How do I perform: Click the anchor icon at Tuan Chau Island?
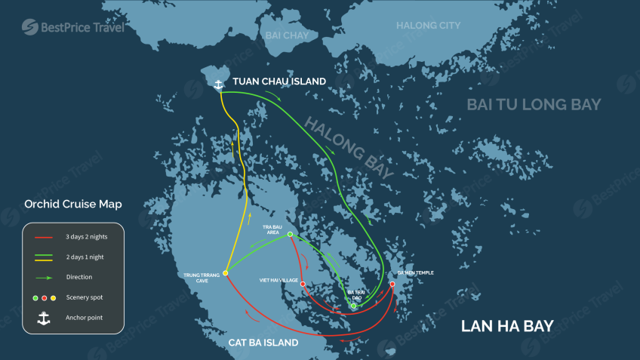[x=219, y=84]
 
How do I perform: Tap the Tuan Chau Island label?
[x=278, y=82]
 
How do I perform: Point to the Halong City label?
[x=428, y=26]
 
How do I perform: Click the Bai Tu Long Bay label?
[x=534, y=104]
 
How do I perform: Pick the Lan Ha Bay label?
[x=507, y=326]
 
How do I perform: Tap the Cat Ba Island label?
[x=263, y=343]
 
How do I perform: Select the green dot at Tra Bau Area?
[x=290, y=234]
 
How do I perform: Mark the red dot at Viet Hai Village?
[x=303, y=285]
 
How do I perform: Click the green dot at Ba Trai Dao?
[x=353, y=306]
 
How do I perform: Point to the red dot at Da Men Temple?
[x=392, y=284]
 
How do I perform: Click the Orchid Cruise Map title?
[x=73, y=204]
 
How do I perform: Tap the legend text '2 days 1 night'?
[x=85, y=257]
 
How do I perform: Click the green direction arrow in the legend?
[x=44, y=277]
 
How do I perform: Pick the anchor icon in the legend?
[x=44, y=318]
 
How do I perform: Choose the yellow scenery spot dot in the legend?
[x=53, y=297]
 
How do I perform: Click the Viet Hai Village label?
[x=278, y=280]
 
